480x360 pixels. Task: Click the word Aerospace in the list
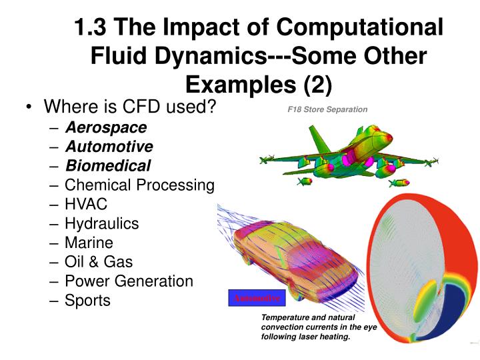tap(105, 127)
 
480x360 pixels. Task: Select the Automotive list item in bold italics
tap(109, 146)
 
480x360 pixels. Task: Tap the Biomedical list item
tap(107, 165)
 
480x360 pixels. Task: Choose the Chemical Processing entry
tap(139, 185)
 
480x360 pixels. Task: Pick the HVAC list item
tap(86, 204)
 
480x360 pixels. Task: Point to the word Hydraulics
tap(101, 223)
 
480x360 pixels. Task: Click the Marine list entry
tap(89, 243)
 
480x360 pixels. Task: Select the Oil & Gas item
tap(99, 262)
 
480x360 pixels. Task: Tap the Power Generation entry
tap(129, 281)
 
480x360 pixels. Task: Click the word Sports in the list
tap(87, 301)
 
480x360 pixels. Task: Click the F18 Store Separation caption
tap(323, 109)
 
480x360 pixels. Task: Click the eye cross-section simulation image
tap(420, 273)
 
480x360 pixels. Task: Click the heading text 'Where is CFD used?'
tap(130, 107)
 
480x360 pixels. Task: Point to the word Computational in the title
tap(360, 28)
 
